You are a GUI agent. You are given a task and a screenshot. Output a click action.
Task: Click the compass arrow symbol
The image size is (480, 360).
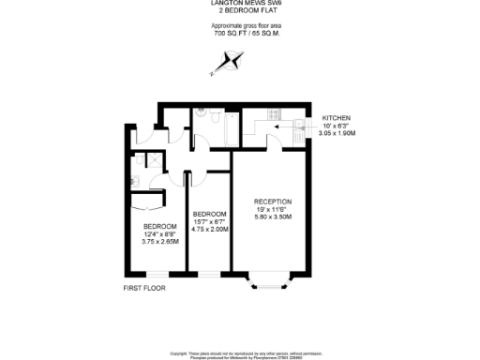click(x=231, y=63)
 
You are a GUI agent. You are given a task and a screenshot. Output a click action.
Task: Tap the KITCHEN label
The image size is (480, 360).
click(x=337, y=116)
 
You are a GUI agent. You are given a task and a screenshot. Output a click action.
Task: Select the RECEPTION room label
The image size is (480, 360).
click(x=273, y=201)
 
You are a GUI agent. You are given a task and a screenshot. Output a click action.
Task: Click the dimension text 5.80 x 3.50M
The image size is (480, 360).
click(x=273, y=217)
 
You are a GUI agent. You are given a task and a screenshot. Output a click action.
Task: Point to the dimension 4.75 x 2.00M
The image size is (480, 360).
click(x=210, y=228)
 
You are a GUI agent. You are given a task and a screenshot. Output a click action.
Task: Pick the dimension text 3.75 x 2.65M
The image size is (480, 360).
click(x=160, y=241)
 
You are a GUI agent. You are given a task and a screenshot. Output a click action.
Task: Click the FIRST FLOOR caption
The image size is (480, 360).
click(x=144, y=288)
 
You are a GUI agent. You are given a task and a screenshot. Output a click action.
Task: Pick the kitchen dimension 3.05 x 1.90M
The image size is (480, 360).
click(x=337, y=133)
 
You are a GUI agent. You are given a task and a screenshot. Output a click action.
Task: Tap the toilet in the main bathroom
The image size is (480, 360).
click(x=200, y=118)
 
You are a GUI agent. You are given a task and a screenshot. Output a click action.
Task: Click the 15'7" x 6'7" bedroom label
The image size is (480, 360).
click(x=210, y=220)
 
